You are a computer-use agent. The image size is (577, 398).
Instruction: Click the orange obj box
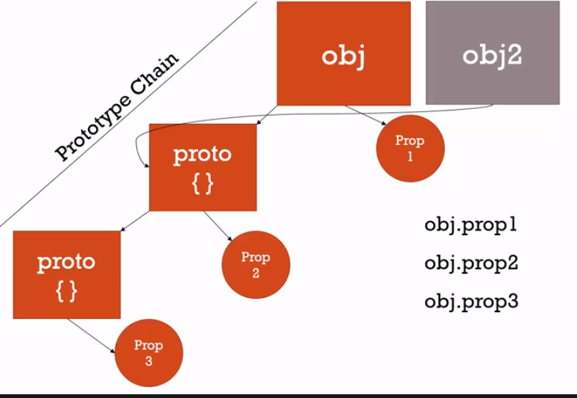tap(343, 54)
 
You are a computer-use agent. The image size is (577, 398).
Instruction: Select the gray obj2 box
tap(492, 54)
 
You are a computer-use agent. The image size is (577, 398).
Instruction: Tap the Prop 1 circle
tap(409, 149)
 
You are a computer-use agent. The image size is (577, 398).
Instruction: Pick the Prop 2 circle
tap(256, 264)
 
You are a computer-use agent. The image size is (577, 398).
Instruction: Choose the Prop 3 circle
tap(148, 352)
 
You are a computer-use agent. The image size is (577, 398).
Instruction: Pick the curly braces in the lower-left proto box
tap(66, 292)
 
